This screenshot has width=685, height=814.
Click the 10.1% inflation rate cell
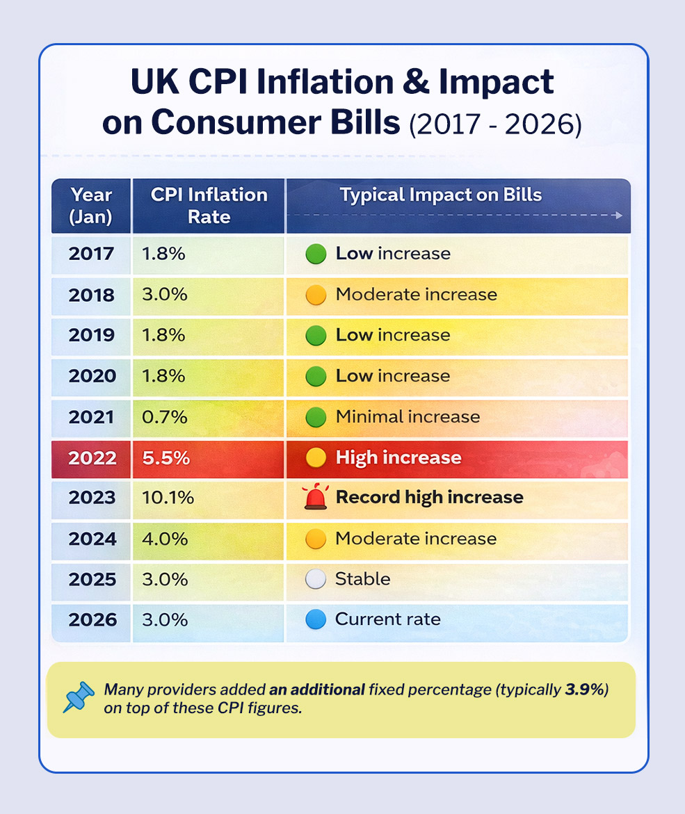168,497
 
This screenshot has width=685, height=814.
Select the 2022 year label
92,458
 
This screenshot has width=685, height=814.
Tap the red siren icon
316,496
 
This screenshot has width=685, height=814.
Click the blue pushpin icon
79,697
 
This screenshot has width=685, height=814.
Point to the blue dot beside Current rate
316,619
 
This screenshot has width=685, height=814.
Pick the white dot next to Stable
316,579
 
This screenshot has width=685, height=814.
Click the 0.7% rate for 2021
164,417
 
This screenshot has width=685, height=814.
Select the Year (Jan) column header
91,206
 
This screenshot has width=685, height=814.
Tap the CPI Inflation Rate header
209,206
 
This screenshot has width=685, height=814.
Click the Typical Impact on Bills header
440,195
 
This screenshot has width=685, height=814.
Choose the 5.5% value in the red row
166,458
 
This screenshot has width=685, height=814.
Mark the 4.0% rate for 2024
165,539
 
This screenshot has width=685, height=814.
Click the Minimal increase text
408,416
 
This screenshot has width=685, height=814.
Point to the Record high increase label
430,497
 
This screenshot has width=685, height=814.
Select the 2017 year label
91,253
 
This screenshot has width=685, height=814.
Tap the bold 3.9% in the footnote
585,690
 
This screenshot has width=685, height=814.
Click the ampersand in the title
415,82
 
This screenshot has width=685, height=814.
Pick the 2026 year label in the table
92,620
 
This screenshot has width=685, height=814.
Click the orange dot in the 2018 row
316,295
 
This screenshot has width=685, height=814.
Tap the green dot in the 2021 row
316,417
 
